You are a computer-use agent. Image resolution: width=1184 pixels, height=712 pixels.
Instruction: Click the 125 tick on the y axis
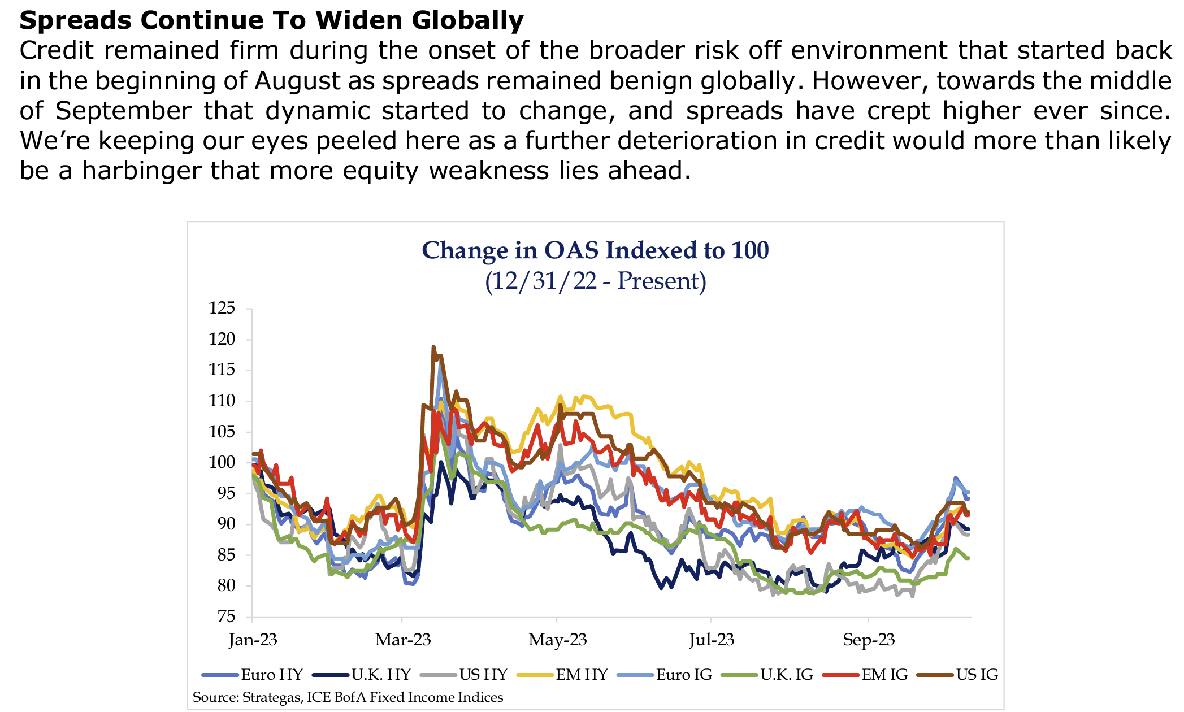point(222,309)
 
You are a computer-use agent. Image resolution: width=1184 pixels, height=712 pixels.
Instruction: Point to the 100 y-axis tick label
point(222,462)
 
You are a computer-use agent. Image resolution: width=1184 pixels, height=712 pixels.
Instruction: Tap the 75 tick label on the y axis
point(226,617)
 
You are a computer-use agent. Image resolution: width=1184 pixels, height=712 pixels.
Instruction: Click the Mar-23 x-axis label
point(402,640)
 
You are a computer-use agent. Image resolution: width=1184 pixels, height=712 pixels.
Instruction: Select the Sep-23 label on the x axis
point(869,640)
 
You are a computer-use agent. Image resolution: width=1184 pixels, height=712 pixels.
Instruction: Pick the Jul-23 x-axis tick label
point(712,640)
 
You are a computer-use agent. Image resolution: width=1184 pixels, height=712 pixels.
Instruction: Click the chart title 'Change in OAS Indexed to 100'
point(595,250)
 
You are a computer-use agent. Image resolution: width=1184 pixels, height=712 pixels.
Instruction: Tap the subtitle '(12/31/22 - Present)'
point(595,281)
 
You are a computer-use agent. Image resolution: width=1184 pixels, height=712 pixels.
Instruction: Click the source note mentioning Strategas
point(348,697)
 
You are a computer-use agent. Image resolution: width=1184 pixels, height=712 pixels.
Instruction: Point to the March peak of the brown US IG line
point(433,347)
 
